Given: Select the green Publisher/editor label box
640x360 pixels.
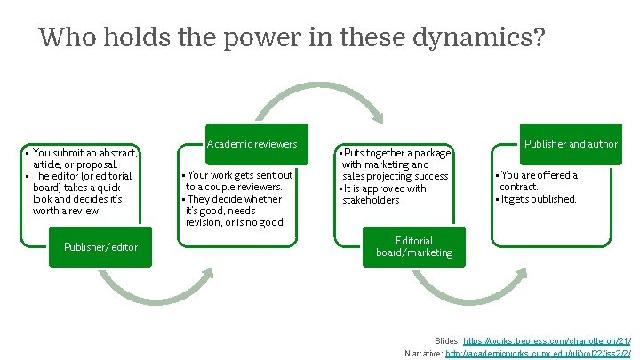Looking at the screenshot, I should (100, 246).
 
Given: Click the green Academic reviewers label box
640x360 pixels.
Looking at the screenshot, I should (252, 144).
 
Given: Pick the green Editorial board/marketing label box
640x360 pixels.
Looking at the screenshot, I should (414, 246).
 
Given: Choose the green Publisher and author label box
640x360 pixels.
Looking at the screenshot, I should (570, 144).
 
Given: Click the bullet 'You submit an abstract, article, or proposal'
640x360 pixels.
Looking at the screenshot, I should (84, 159).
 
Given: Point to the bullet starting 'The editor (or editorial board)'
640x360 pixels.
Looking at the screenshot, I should (83, 194).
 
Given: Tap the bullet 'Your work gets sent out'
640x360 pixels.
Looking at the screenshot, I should (238, 181).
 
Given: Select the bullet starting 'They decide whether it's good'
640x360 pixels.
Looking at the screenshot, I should (236, 211).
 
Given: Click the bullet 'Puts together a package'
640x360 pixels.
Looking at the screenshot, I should (396, 164).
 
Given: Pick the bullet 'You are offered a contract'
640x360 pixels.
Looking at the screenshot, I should (539, 180).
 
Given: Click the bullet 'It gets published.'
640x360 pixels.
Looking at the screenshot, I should (540, 199).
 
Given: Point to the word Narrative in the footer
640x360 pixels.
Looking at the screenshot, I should (423, 354).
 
